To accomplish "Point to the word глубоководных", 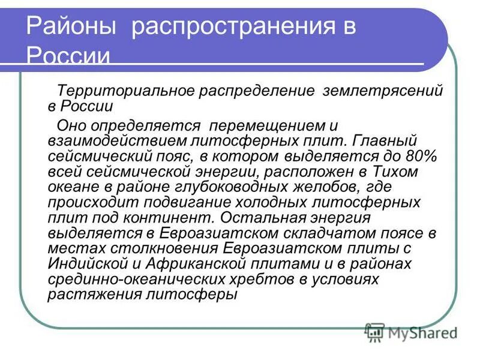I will click(x=212, y=187).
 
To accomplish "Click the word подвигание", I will click(x=179, y=202).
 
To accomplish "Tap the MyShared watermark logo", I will click(x=412, y=331).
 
